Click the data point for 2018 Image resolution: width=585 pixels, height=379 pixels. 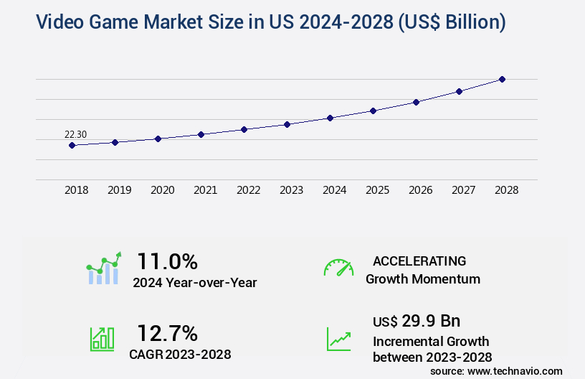72,145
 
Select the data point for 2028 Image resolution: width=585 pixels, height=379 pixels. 502,79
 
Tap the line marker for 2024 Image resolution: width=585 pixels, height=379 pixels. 330,118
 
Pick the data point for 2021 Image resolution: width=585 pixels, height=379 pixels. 201,134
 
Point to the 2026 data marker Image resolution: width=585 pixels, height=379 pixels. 416,102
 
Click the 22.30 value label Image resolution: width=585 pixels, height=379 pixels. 75,134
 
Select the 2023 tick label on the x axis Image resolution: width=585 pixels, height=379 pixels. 291,190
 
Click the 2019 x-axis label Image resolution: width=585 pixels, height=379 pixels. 119,190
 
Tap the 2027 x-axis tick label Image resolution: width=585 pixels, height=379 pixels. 463,190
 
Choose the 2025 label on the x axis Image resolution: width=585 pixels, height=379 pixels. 377,190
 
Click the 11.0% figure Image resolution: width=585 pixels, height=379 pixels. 167,261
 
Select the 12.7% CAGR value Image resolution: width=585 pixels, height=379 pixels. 167,333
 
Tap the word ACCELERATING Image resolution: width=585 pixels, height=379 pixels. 419,261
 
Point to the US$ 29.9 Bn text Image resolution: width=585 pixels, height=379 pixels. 417,320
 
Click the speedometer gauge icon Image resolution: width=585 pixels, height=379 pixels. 338,268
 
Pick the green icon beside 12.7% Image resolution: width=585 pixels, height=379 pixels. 102,339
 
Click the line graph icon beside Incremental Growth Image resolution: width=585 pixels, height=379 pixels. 338,339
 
